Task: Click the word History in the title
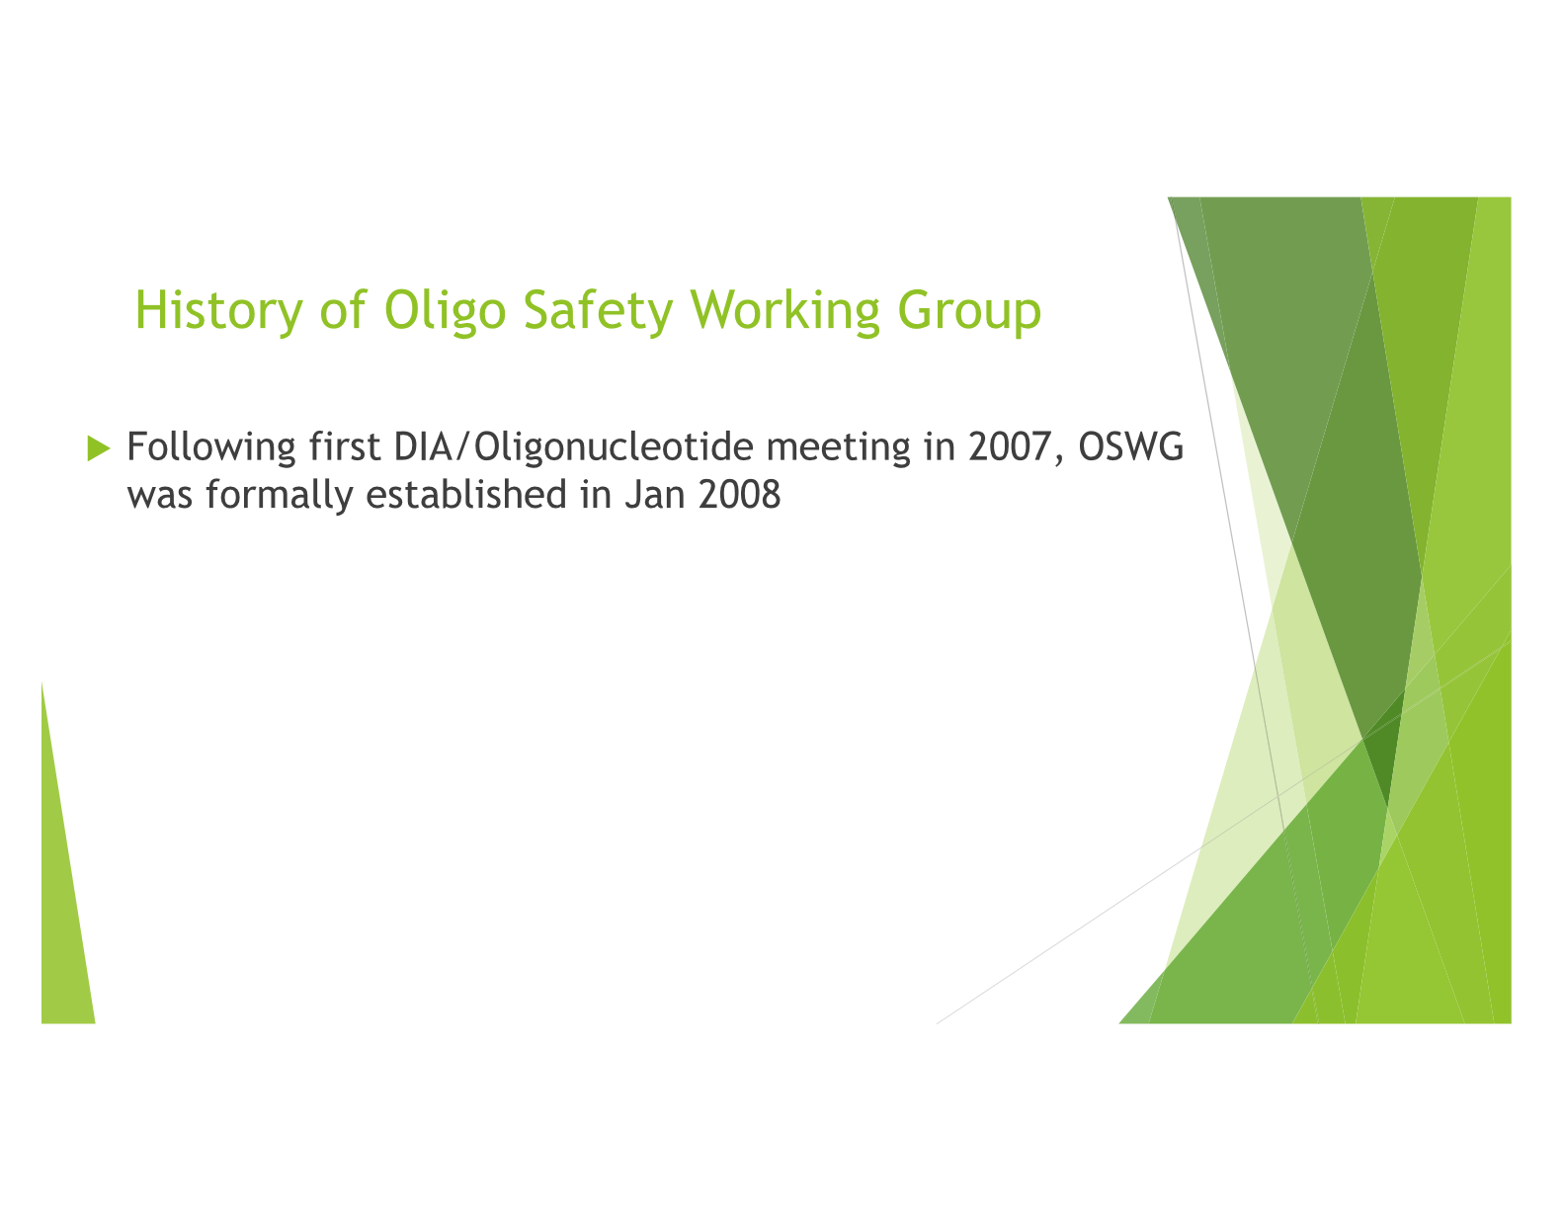219,311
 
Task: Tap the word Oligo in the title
445,311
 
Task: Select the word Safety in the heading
598,311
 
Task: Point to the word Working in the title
785,311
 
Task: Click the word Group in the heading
969,311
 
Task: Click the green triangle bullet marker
99,447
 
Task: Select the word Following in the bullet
211,447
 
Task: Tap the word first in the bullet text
344,446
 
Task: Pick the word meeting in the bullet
838,447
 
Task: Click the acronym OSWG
1130,446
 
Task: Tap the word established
466,494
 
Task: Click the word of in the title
344,309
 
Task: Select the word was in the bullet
160,497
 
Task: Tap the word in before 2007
940,446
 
